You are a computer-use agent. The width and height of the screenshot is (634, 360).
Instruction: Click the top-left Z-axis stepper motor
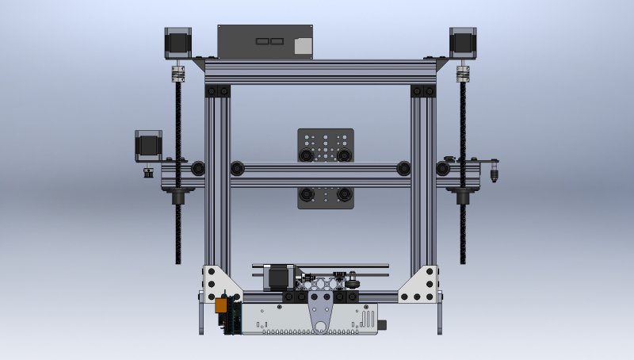[x=178, y=43]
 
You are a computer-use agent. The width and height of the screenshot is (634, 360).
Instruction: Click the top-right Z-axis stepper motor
[x=463, y=43]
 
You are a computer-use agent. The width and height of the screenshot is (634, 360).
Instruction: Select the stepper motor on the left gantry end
[x=148, y=145]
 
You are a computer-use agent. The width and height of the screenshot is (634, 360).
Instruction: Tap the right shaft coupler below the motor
[x=463, y=74]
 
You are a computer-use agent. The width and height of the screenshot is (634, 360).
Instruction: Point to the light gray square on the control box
[x=302, y=47]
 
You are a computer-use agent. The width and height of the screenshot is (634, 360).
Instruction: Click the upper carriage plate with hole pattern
[x=325, y=145]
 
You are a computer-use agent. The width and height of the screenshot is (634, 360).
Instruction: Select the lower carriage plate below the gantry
[x=325, y=197]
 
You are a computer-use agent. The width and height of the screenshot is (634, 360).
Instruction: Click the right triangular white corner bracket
[x=420, y=284]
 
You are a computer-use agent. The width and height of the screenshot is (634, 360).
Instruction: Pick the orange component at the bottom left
[x=221, y=304]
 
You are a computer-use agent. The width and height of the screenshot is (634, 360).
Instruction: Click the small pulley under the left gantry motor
[x=147, y=173]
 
